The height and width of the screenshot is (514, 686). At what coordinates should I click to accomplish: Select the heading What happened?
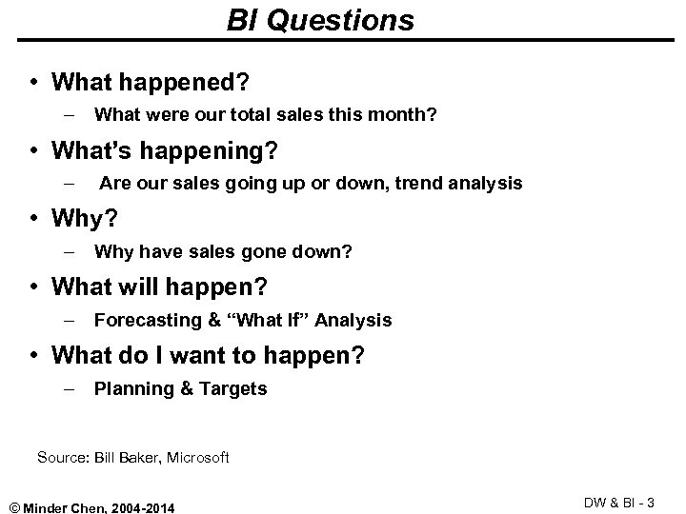[x=151, y=83]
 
